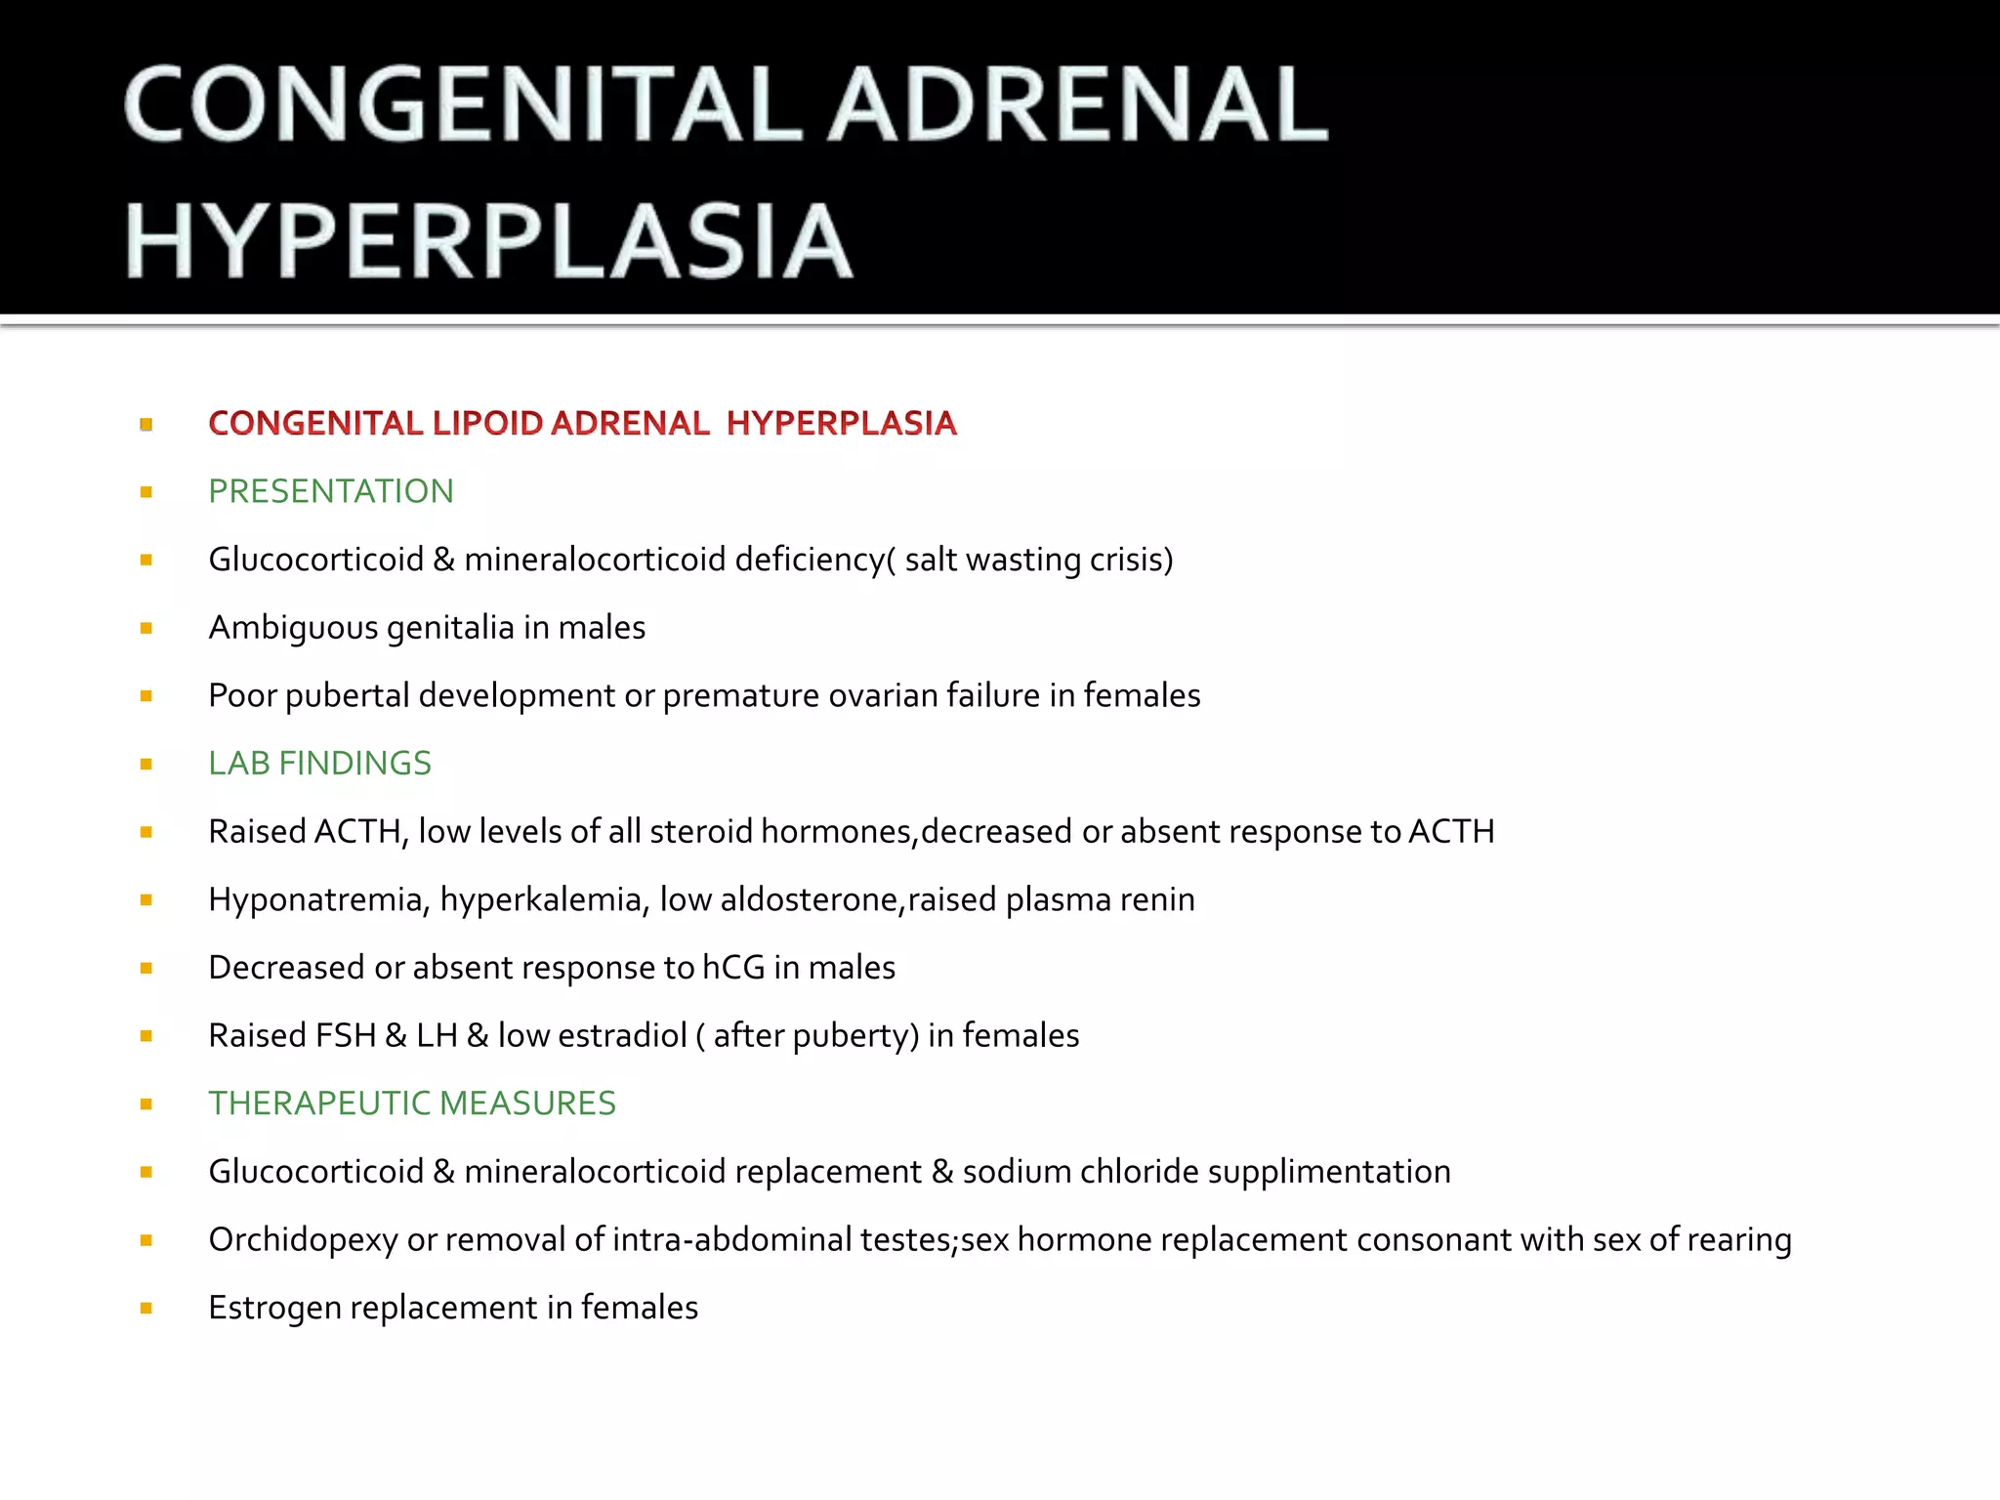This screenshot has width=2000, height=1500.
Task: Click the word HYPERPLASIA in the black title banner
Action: coord(488,241)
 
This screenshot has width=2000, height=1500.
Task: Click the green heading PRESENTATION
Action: coord(331,491)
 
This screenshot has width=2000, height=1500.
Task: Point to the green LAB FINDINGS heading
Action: coord(319,763)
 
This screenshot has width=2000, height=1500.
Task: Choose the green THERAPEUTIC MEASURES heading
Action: coord(412,1103)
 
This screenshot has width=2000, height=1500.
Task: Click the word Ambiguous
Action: coord(293,627)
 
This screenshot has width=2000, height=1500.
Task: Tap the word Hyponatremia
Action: coord(318,899)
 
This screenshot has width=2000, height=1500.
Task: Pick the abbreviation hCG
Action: coord(733,967)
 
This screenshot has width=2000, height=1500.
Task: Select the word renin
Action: coord(1157,899)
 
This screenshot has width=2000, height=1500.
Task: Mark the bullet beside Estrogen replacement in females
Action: coord(146,1308)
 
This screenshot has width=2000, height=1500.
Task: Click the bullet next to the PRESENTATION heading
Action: coord(146,492)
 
